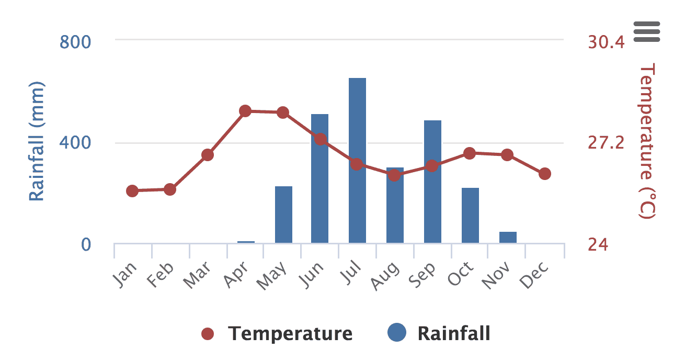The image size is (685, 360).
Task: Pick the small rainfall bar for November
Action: [508, 238]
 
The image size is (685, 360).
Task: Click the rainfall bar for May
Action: [283, 215]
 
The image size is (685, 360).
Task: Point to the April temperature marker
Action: [245, 111]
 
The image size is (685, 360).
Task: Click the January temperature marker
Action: [132, 191]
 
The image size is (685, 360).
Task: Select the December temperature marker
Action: [545, 174]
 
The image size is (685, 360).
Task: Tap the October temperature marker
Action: [470, 153]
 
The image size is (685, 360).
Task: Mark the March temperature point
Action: [208, 155]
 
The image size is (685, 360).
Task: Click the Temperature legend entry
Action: [277, 333]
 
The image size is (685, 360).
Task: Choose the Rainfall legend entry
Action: [439, 333]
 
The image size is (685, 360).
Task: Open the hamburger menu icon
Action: [647, 31]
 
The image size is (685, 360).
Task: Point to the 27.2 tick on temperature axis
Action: [606, 142]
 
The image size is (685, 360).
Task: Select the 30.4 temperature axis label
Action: [606, 41]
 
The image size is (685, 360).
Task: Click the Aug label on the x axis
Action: [385, 276]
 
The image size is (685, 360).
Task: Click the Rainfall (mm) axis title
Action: [36, 141]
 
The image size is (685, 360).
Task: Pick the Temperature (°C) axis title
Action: [647, 141]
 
